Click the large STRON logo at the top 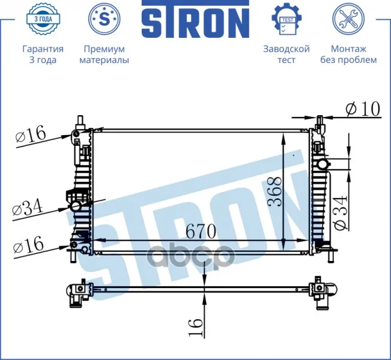(196, 19)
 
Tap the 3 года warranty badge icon (43, 19)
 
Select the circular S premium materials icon (105, 19)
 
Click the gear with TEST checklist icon (286, 19)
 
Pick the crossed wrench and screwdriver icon (348, 19)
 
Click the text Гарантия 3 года (43, 55)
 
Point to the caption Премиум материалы (105, 55)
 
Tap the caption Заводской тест (286, 55)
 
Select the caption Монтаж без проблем (348, 55)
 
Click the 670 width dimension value (201, 231)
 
